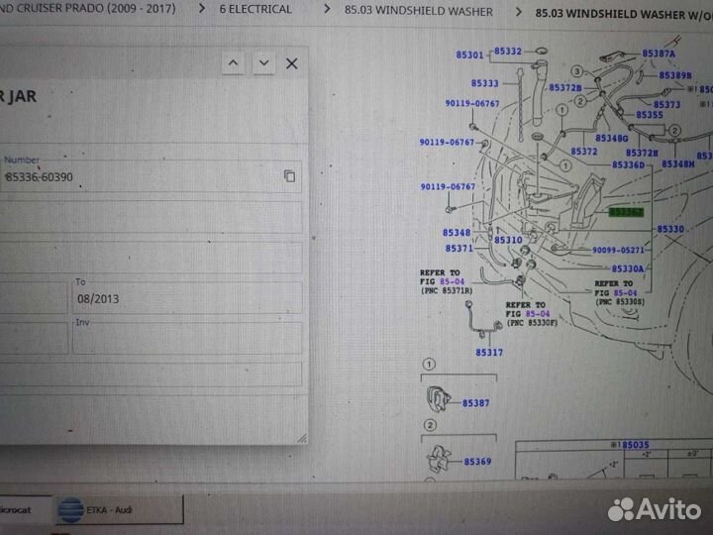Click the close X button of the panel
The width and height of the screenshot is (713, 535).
291,63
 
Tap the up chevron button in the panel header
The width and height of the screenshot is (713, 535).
233,63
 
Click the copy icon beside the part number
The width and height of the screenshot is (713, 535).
289,175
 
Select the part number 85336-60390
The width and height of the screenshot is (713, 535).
39,176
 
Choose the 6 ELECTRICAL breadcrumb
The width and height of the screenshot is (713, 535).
255,10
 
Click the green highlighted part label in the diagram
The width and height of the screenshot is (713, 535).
626,212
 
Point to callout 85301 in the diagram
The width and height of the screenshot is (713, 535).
471,55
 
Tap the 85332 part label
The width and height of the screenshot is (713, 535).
508,51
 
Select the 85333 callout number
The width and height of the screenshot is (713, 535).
485,83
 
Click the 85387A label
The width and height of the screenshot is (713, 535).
659,53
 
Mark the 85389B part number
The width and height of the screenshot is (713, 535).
675,75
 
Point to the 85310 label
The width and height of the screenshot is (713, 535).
508,240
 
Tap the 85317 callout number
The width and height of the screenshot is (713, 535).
489,352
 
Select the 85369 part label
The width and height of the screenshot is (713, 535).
477,462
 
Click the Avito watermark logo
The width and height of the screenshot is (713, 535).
655,509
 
